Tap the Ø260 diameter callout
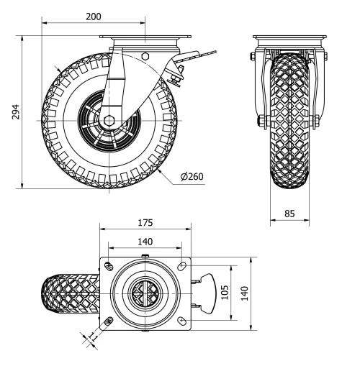point(192,177)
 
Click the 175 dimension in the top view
point(146,223)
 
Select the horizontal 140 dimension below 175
point(146,242)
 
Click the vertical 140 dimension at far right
point(244,293)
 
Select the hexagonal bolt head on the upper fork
point(146,55)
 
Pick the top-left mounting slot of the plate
point(109,267)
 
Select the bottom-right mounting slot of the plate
point(179,320)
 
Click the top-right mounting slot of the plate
point(179,267)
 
